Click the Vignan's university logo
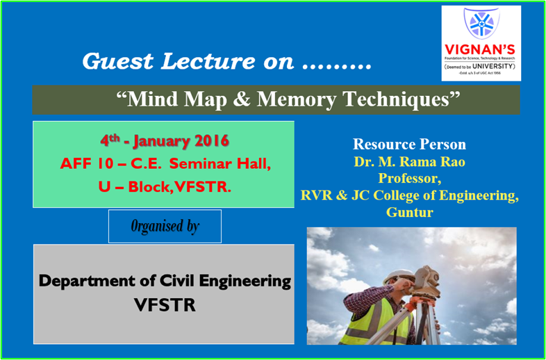(x=481, y=43)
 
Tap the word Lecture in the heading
(x=216, y=61)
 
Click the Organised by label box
(x=165, y=226)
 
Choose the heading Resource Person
(x=409, y=145)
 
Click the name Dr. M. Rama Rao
(x=409, y=162)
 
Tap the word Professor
(x=409, y=179)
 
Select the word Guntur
(x=409, y=212)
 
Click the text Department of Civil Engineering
(x=165, y=281)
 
